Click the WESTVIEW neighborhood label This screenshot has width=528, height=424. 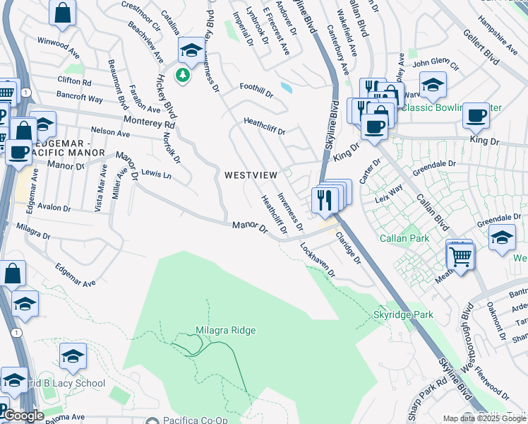point(251,175)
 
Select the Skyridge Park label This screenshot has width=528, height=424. point(402,314)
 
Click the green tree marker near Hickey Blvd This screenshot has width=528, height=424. point(184,75)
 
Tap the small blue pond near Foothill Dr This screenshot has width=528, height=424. point(285,88)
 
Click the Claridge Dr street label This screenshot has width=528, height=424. point(348,248)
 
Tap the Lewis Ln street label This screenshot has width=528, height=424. point(156,173)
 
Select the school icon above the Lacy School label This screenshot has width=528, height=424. point(73,358)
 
